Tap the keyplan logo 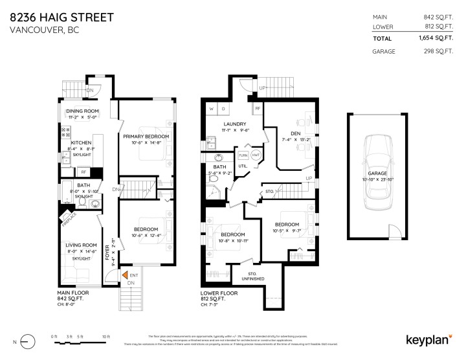click(428, 339)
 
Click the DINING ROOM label click(82, 111)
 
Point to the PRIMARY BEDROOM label click(146, 136)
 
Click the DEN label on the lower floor click(295, 133)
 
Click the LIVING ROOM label click(81, 245)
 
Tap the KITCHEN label click(82, 142)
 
